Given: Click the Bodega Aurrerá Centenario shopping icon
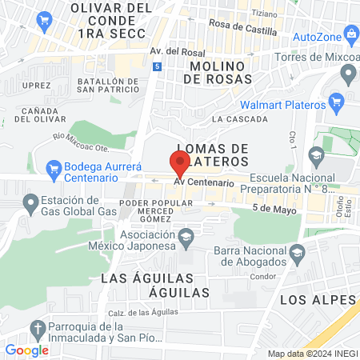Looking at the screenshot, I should (54, 169).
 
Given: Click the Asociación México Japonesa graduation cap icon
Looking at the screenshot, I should (186, 236).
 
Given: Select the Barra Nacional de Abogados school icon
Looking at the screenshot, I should (298, 253).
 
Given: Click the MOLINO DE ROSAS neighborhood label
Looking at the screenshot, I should (206, 72).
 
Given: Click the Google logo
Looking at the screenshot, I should (26, 350).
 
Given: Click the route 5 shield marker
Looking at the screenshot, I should (158, 66).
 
